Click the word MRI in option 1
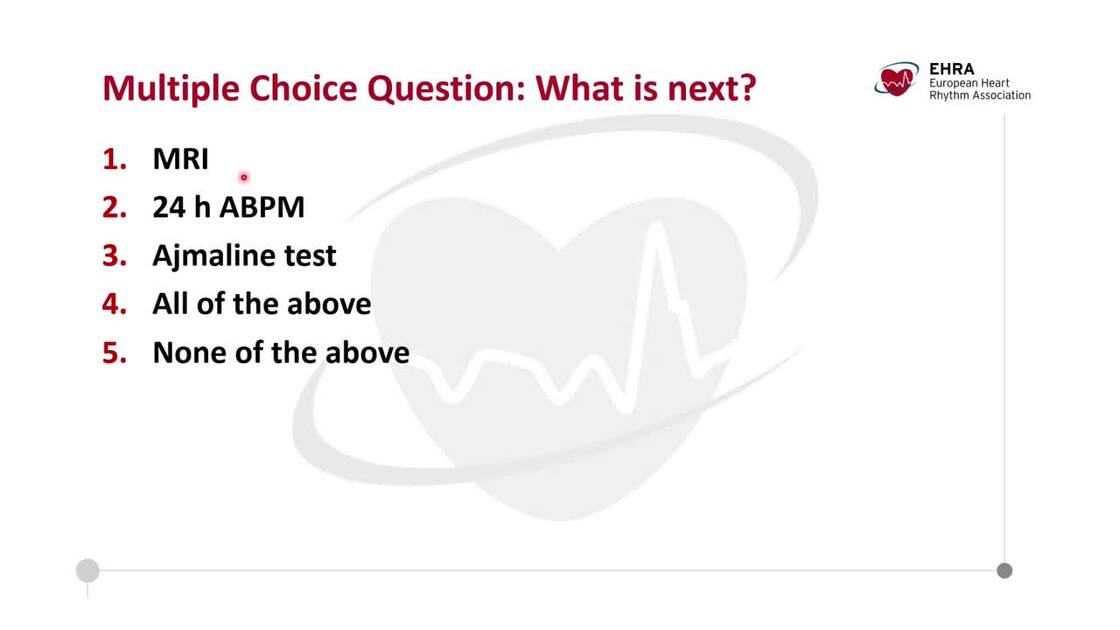180,159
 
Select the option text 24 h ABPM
228,207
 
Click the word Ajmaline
214,256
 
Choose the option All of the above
261,304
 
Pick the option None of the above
280,352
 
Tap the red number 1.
113,159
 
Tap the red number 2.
114,207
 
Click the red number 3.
114,256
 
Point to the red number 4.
114,304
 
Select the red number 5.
114,352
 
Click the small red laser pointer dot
243,178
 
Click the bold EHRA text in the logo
951,69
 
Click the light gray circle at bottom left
88,571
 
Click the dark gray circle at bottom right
1004,571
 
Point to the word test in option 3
309,256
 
